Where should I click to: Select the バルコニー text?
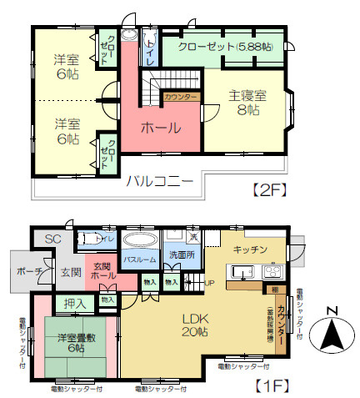[x=160, y=179]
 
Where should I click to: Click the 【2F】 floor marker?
[x=269, y=189]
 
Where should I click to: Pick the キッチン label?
[x=250, y=249]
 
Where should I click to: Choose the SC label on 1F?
[x=53, y=239]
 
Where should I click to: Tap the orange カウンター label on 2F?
[x=182, y=98]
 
